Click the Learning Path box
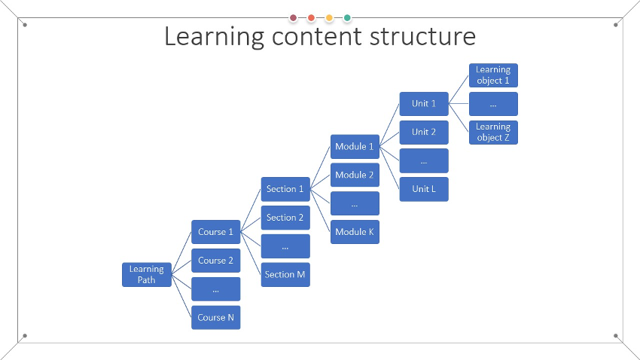pos(147,275)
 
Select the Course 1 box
pos(216,232)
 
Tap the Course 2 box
pos(216,261)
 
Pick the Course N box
pos(216,318)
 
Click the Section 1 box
pos(285,189)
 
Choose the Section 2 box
pos(285,218)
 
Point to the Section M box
pos(285,275)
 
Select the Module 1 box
pos(355,146)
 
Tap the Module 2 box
pos(355,175)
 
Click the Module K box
pos(355,232)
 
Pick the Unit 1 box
pos(424,104)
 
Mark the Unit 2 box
pos(424,133)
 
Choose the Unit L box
pos(424,189)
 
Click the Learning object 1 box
pos(493,75)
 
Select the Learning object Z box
pos(493,133)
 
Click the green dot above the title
pos(347,17)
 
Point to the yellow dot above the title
pos(329,17)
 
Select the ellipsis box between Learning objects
pos(493,104)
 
